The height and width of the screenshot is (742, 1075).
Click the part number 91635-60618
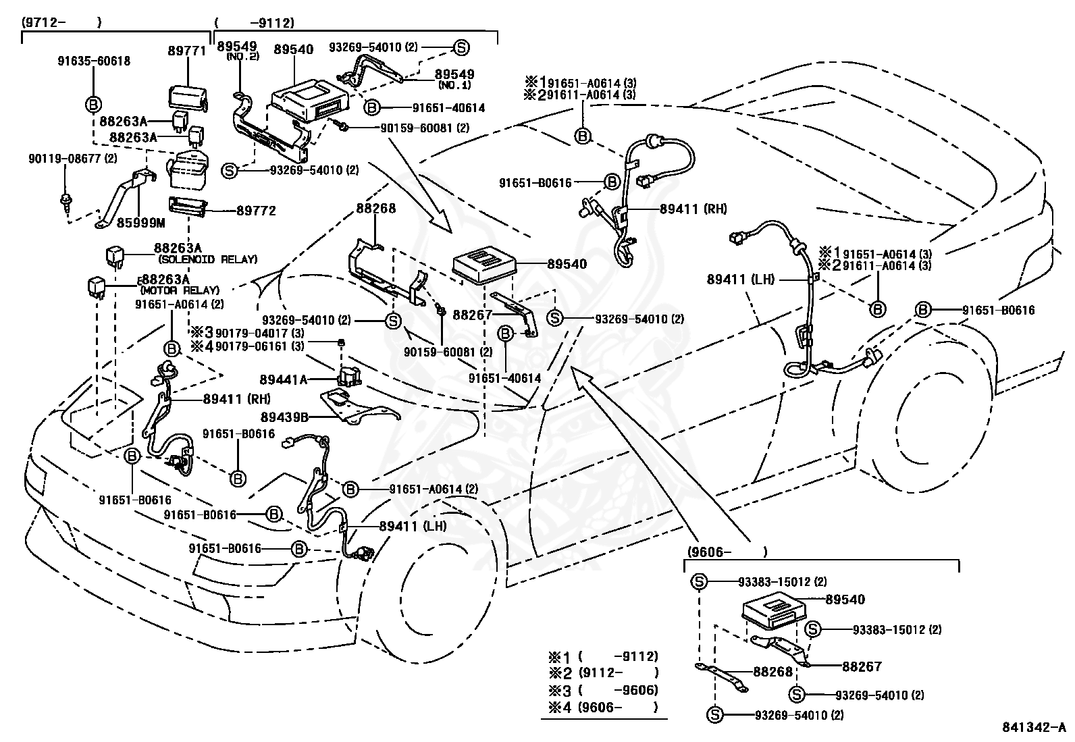click(x=94, y=61)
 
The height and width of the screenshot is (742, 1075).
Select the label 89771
click(x=186, y=51)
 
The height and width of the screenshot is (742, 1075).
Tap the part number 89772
click(x=257, y=211)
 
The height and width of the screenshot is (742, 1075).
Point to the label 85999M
click(x=140, y=223)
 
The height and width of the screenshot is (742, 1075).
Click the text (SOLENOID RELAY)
click(x=208, y=260)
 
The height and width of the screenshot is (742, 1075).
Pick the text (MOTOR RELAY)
click(x=180, y=290)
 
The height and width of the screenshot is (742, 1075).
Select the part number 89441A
click(x=283, y=379)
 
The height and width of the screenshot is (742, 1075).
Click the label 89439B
click(x=284, y=417)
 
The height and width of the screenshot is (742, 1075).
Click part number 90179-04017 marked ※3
click(x=259, y=333)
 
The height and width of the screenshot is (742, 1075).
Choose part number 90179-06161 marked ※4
click(x=259, y=346)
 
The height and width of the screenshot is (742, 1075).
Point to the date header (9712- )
click(x=62, y=23)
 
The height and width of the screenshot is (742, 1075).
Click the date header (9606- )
click(x=727, y=552)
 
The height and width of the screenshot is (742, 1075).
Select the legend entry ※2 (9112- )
click(x=604, y=673)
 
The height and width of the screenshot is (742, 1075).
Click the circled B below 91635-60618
click(x=93, y=104)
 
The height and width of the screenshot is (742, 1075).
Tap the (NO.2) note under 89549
click(x=242, y=56)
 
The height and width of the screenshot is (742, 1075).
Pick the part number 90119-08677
click(x=72, y=159)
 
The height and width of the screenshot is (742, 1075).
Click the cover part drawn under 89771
click(x=188, y=98)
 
